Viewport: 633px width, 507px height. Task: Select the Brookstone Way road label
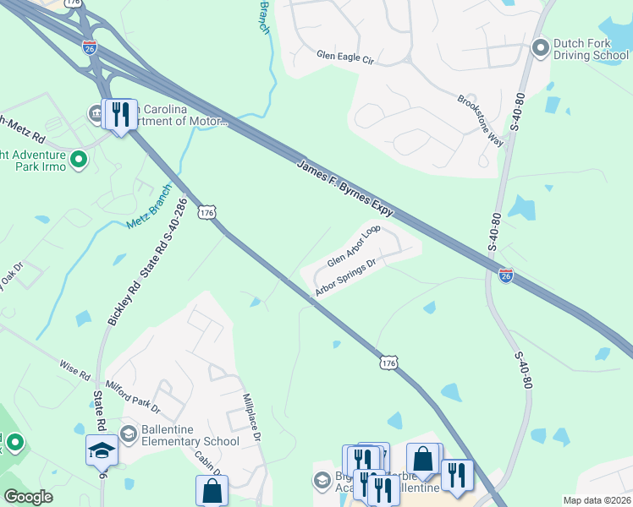click(x=480, y=120)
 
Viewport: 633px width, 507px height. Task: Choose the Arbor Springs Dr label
click(x=344, y=278)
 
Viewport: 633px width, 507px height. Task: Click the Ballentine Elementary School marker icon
click(x=129, y=434)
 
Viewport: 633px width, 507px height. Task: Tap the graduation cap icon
click(x=102, y=450)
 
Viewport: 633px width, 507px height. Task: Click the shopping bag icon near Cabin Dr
click(x=212, y=490)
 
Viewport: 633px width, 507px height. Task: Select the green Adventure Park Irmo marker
click(x=79, y=159)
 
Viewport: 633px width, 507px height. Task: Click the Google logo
click(x=28, y=497)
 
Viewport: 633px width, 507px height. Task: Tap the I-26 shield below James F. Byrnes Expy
click(x=505, y=275)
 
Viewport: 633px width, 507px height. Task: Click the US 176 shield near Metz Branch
click(x=206, y=212)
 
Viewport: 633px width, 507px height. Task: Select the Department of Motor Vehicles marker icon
click(x=95, y=112)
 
